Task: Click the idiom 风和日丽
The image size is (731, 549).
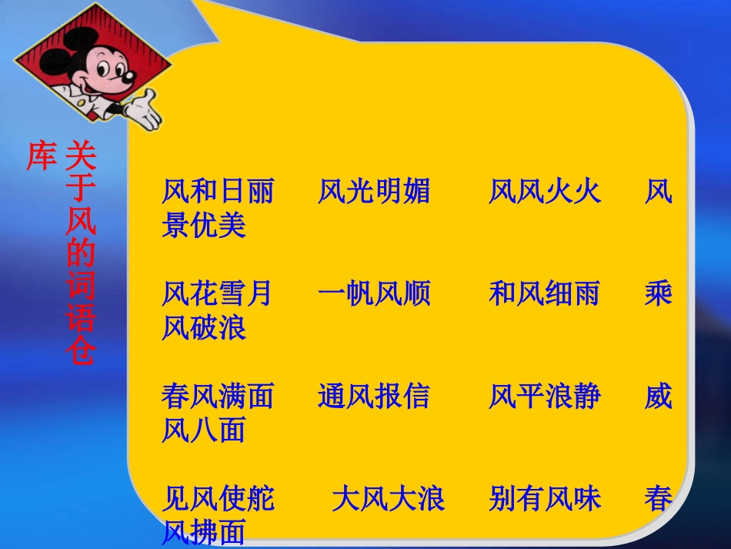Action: coord(218,192)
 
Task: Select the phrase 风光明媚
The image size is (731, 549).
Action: coord(374,192)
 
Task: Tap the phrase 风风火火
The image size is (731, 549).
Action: coord(545,192)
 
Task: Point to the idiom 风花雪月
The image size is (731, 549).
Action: coord(218,294)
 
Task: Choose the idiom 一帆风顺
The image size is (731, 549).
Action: coord(374,294)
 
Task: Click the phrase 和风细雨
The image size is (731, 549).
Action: coord(545,294)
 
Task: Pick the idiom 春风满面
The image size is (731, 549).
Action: coord(218,397)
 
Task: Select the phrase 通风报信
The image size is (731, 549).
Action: coord(374,397)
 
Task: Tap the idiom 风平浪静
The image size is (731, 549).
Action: coord(545,397)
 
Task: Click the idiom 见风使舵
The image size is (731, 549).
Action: coord(218,500)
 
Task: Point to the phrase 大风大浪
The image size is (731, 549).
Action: coord(389,500)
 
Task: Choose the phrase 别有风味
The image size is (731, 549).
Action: coord(545,500)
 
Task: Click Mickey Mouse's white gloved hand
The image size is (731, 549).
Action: coord(144,111)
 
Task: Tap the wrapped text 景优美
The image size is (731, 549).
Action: coord(204,225)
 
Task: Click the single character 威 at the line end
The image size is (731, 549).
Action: coord(659,397)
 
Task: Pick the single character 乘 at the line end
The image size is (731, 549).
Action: coord(659,294)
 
